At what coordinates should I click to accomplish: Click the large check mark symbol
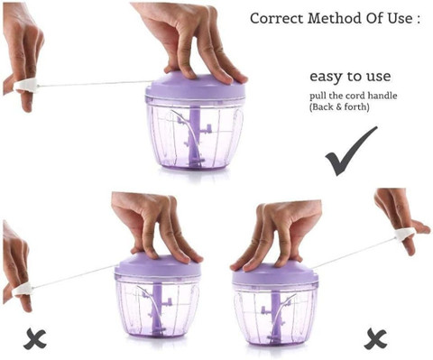point(351,152)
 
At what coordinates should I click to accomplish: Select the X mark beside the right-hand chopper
point(375,339)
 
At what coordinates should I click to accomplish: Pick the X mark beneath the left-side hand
point(35,339)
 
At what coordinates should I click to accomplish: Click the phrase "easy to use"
point(350,77)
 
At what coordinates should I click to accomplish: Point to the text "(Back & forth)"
point(339,107)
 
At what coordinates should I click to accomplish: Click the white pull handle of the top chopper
point(26,85)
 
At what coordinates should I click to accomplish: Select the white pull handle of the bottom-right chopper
point(406,235)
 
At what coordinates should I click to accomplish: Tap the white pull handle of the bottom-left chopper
point(22,290)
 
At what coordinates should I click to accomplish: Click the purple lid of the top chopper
point(196,88)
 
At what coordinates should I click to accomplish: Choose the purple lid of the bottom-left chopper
point(159,266)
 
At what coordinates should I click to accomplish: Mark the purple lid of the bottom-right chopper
point(275,275)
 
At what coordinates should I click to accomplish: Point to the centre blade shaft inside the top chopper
point(195,137)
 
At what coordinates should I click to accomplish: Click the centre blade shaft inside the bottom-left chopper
point(157,309)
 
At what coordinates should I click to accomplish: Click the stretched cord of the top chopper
point(95,84)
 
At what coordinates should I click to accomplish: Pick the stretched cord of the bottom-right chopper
point(355,253)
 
